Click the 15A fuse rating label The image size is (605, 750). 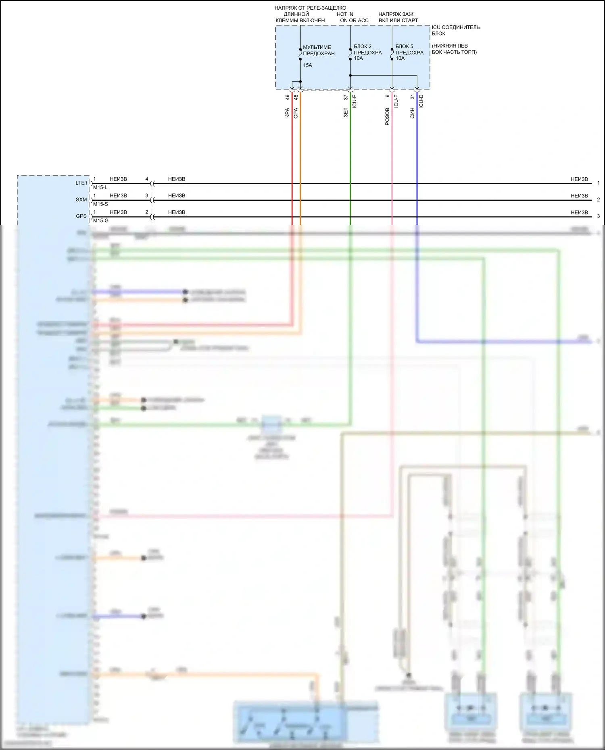(307, 65)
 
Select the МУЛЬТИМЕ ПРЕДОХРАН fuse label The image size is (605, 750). (319, 50)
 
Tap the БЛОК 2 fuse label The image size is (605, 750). (363, 46)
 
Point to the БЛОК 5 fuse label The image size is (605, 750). (404, 46)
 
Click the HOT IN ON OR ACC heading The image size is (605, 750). (353, 17)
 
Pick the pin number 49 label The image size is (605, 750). (288, 98)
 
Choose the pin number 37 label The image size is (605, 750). (346, 98)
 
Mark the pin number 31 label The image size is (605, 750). (413, 97)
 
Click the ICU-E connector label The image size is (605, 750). (355, 101)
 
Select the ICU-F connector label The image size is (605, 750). (396, 101)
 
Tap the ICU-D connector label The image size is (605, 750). (421, 101)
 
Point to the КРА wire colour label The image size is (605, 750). (287, 113)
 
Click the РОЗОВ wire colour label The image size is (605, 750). (387, 116)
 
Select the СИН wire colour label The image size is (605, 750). (412, 113)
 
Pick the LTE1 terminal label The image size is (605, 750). (81, 183)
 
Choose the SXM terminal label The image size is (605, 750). (81, 199)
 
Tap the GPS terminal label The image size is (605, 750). (81, 216)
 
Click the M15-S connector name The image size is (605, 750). (100, 204)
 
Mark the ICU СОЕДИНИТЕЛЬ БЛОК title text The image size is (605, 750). (455, 30)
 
